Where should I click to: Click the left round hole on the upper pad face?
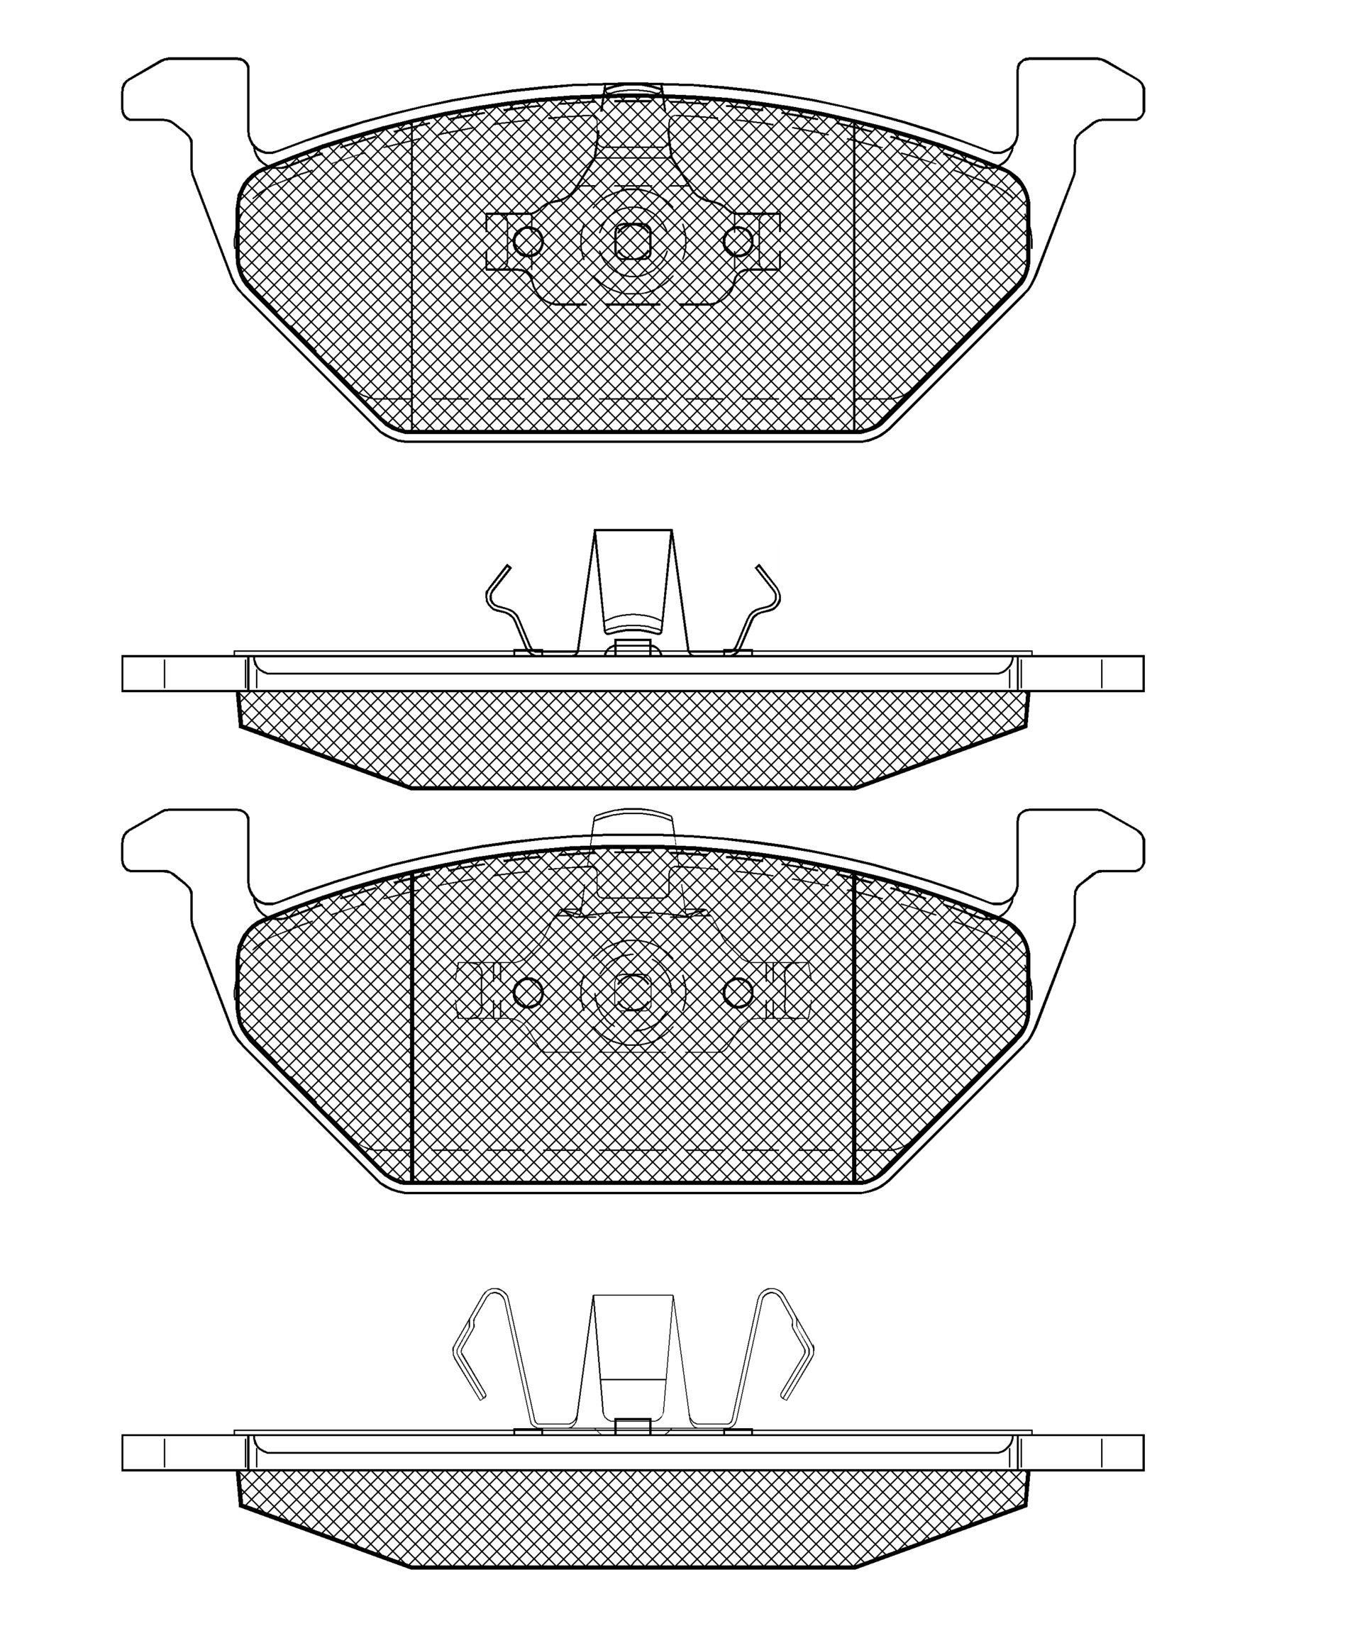[x=528, y=242]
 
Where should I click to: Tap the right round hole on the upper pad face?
[x=738, y=242]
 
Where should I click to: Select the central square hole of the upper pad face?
[x=632, y=242]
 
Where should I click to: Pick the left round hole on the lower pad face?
[x=528, y=992]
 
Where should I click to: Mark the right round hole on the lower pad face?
[x=738, y=992]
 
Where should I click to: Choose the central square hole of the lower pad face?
[x=632, y=992]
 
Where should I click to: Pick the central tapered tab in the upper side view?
[x=632, y=581]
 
